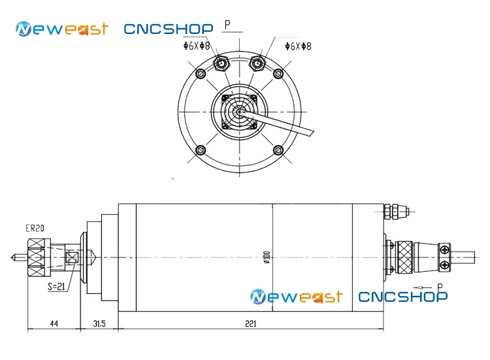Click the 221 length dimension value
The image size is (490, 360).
(251, 323)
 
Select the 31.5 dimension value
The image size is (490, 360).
(99, 323)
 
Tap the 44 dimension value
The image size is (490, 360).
(54, 323)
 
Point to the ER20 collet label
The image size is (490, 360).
(35, 229)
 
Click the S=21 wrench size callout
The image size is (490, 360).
(57, 286)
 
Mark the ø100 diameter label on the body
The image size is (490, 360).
(267, 257)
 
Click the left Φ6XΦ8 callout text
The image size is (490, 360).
(197, 46)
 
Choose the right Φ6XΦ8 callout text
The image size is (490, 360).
(298, 46)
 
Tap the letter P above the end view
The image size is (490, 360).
(227, 24)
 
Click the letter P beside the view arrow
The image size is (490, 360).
(440, 287)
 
